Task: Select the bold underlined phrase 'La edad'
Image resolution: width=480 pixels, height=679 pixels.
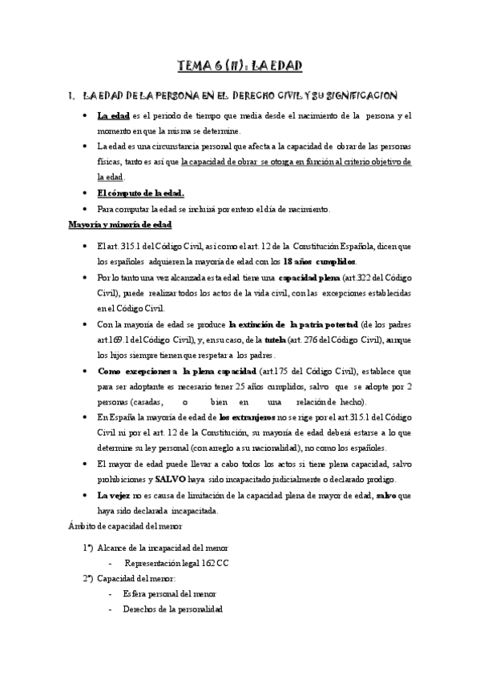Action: point(113,116)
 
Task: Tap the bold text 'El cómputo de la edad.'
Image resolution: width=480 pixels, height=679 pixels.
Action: point(140,193)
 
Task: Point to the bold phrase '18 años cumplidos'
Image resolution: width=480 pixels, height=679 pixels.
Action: point(320,262)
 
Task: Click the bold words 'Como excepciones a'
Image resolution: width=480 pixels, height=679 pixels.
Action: point(137,371)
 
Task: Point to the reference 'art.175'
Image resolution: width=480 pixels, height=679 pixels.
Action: point(271,371)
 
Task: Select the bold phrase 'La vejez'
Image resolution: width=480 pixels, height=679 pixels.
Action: point(115,496)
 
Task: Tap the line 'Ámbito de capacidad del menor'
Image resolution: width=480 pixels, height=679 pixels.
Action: point(127,526)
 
